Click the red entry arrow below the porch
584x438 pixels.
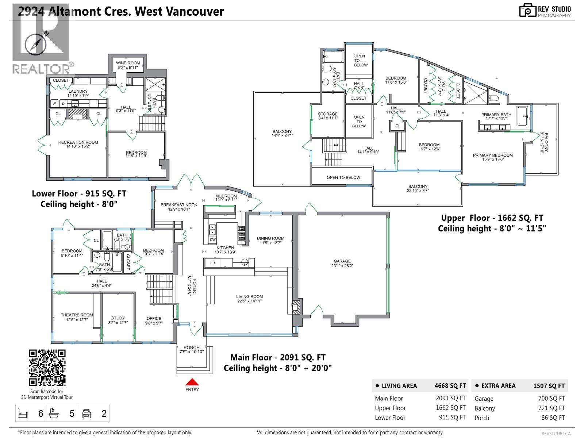coord(192,382)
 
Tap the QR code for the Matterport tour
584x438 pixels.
coord(47,368)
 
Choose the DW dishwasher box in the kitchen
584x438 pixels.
coord(212,240)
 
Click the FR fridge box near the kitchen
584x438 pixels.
coord(213,263)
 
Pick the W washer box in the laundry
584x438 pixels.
coord(54,104)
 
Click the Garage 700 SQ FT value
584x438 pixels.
coord(551,399)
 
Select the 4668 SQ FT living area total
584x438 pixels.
coord(450,386)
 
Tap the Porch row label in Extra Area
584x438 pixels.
coord(482,418)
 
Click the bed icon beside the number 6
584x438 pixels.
coord(23,414)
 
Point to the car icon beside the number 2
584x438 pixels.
coord(87,414)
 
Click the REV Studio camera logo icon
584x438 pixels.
coord(527,10)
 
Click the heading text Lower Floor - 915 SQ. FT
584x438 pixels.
coord(79,194)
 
